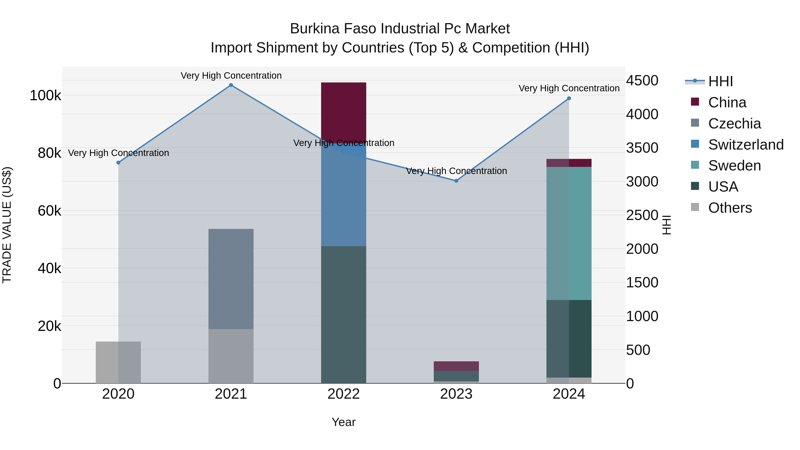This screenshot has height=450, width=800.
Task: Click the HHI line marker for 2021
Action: (231, 85)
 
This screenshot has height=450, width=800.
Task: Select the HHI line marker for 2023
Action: (456, 181)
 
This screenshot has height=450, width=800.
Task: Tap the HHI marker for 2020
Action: (118, 163)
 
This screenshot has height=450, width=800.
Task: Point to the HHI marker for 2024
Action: (569, 98)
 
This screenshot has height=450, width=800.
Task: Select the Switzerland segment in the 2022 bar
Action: (344, 199)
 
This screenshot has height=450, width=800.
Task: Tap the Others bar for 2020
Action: (118, 362)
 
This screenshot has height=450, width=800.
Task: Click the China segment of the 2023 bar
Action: (456, 366)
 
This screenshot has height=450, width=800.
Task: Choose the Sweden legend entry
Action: (734, 166)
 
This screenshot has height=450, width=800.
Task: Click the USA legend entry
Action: (723, 187)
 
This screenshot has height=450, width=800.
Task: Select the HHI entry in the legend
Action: (720, 81)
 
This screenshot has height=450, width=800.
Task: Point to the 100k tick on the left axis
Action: (45, 95)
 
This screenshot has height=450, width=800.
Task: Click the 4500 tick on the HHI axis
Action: (642, 81)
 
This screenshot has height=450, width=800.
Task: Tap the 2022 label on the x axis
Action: (344, 394)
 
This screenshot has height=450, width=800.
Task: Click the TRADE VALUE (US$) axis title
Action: (7, 225)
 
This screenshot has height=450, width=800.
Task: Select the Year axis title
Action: (344, 422)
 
